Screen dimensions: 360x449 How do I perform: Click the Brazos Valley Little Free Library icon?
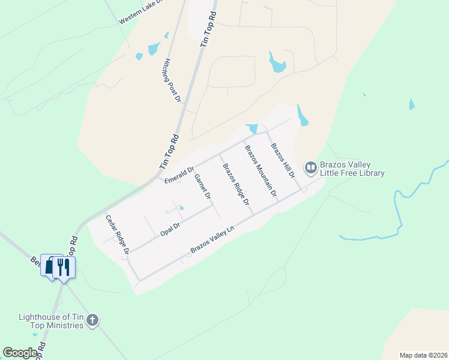[x=310, y=168]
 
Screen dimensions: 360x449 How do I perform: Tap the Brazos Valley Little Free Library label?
[x=353, y=169]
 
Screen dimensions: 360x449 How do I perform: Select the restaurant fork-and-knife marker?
[x=64, y=268]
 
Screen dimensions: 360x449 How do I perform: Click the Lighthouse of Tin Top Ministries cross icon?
[x=92, y=320]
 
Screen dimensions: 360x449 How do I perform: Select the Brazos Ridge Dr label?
[x=236, y=184]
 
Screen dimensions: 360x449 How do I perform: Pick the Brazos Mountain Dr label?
[x=261, y=171]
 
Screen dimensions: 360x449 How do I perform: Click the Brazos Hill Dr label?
[x=283, y=161]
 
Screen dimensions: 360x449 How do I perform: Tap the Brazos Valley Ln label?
[x=211, y=239]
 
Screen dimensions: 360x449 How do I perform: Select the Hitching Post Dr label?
[x=172, y=80]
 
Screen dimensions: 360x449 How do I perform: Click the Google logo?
[x=20, y=353]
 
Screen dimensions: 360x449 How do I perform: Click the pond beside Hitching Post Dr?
[x=154, y=48]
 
